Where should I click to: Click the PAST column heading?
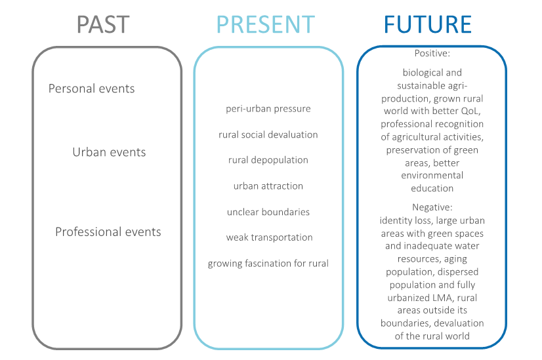[103, 24]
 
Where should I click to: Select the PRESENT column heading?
[266, 24]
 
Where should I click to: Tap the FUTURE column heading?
[428, 24]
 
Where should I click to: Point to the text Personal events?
[91, 89]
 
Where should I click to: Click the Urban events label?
[109, 152]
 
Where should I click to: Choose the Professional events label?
[108, 231]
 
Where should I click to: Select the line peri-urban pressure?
[268, 109]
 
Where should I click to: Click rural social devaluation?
[268, 134]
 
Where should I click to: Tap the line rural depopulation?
[268, 160]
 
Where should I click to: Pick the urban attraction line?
[268, 186]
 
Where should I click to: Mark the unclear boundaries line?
[268, 212]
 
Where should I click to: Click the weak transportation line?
[269, 237]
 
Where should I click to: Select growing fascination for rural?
[268, 263]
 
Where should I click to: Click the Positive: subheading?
[432, 53]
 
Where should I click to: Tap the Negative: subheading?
[432, 207]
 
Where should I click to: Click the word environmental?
[432, 175]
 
